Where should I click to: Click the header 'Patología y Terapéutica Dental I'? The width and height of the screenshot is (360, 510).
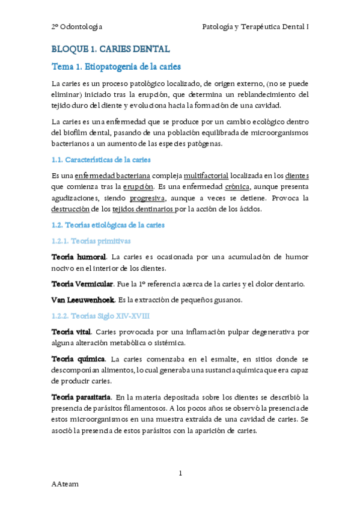click(255, 26)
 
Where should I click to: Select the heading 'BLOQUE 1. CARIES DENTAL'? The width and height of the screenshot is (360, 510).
click(111, 49)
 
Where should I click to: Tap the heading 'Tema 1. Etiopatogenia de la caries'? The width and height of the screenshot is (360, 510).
click(116, 66)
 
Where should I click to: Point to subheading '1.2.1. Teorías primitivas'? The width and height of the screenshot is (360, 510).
click(91, 241)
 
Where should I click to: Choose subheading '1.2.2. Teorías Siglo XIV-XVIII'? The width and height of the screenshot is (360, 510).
click(100, 315)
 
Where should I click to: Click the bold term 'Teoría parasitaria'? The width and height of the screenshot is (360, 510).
click(81, 397)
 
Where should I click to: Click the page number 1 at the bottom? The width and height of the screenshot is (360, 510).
click(180, 473)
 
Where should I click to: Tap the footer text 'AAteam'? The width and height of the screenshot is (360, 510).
click(65, 484)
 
